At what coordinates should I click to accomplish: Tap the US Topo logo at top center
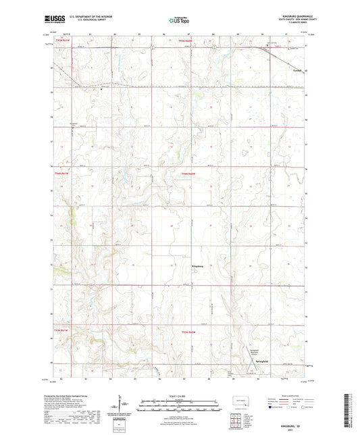pos(180,21)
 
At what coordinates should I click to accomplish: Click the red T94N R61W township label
pos(61,174)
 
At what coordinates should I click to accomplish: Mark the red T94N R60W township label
pos(188,174)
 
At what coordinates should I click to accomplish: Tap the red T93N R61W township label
pos(61,330)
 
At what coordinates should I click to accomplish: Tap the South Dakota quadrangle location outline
pos(237,403)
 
